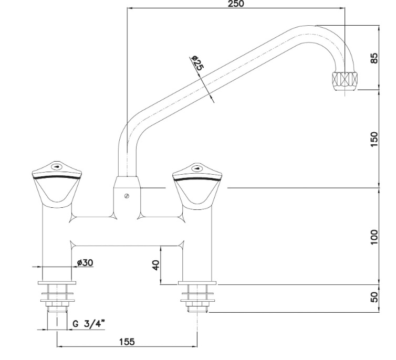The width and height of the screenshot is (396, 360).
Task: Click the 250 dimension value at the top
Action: (x=236, y=4)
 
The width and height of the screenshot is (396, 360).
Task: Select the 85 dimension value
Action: (x=373, y=57)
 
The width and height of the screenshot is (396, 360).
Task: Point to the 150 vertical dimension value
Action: (x=373, y=139)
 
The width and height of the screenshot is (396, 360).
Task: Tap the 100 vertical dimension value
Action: (x=373, y=236)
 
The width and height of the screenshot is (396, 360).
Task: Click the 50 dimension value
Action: (x=373, y=297)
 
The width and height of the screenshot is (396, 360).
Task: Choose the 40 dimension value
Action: (x=155, y=264)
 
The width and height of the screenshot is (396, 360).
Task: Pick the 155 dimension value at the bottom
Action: (x=126, y=342)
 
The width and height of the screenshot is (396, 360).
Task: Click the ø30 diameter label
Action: (x=85, y=262)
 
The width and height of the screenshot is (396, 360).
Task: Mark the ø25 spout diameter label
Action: (x=197, y=63)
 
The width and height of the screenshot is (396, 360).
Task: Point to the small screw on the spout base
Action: (x=126, y=196)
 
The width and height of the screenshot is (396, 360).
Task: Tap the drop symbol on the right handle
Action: (x=197, y=168)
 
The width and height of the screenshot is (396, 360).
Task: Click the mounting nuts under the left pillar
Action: (x=57, y=294)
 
